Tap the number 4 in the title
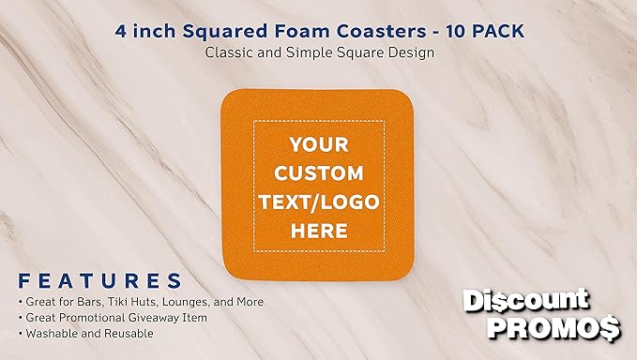tap(120, 31)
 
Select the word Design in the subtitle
tap(409, 52)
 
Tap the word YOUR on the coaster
tap(319, 144)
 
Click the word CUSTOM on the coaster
tap(319, 172)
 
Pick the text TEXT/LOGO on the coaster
tap(319, 201)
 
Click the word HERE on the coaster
tap(319, 230)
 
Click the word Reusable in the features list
tap(124, 334)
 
